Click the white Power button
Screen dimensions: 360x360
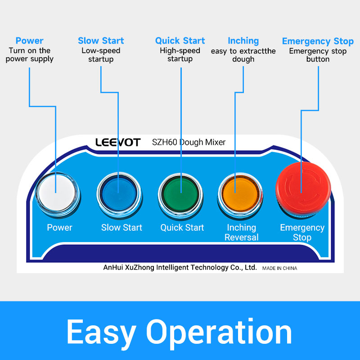pyautogui.click(x=57, y=194)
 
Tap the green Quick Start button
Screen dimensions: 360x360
pyautogui.click(x=181, y=195)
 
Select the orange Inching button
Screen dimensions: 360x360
pyautogui.click(x=240, y=195)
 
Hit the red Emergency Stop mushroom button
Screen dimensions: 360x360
pyautogui.click(x=303, y=189)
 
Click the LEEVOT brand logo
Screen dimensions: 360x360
pyautogui.click(x=118, y=142)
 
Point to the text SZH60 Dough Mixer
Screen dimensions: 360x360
pyautogui.click(x=189, y=142)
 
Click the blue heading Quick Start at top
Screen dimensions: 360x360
pyautogui.click(x=180, y=40)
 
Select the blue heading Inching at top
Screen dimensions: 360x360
pyautogui.click(x=243, y=41)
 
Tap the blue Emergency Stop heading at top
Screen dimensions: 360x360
pyautogui.click(x=318, y=41)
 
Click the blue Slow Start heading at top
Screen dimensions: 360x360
pyautogui.click(x=101, y=40)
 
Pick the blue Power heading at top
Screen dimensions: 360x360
pyautogui.click(x=29, y=40)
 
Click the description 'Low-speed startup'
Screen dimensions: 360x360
pyautogui.click(x=101, y=55)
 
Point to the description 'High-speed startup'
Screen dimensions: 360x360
pyautogui.click(x=180, y=54)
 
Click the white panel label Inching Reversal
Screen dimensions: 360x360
pyautogui.click(x=242, y=232)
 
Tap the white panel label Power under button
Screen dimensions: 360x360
pyautogui.click(x=59, y=228)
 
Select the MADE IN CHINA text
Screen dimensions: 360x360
pyautogui.click(x=279, y=268)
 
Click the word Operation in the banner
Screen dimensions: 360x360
pyautogui.click(x=219, y=333)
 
